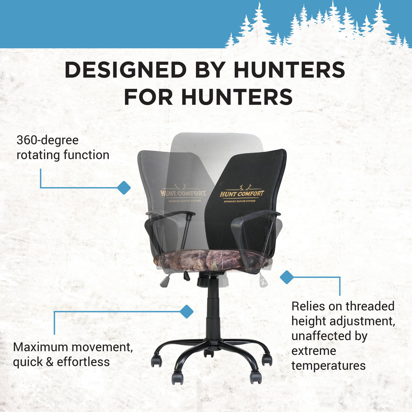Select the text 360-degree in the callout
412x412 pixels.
[x=47, y=140]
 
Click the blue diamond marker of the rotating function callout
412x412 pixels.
[x=124, y=187]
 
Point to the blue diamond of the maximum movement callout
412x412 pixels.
[x=186, y=311]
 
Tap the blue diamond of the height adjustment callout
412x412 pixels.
[x=286, y=277]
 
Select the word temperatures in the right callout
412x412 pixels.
[x=329, y=366]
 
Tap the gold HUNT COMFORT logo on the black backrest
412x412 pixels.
[x=242, y=194]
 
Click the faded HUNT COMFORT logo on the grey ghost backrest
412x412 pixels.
[x=183, y=193]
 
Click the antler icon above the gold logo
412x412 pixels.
[x=245, y=187]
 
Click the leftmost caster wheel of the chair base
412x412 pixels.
[x=157, y=361]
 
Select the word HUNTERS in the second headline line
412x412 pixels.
[x=237, y=97]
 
